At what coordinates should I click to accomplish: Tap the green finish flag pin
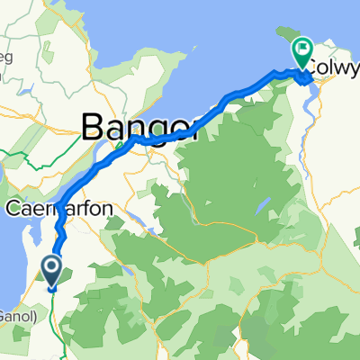[x=301, y=52]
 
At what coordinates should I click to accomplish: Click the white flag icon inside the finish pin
[x=301, y=50]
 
